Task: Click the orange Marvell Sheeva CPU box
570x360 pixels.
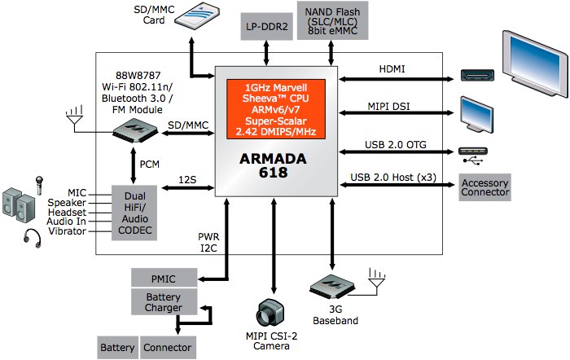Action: (275, 108)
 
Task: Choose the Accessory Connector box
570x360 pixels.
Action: (485, 187)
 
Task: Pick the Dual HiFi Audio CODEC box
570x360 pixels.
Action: (134, 213)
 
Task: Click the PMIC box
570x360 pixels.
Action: (164, 279)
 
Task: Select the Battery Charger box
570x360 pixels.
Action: (164, 302)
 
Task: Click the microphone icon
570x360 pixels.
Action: (38, 183)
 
